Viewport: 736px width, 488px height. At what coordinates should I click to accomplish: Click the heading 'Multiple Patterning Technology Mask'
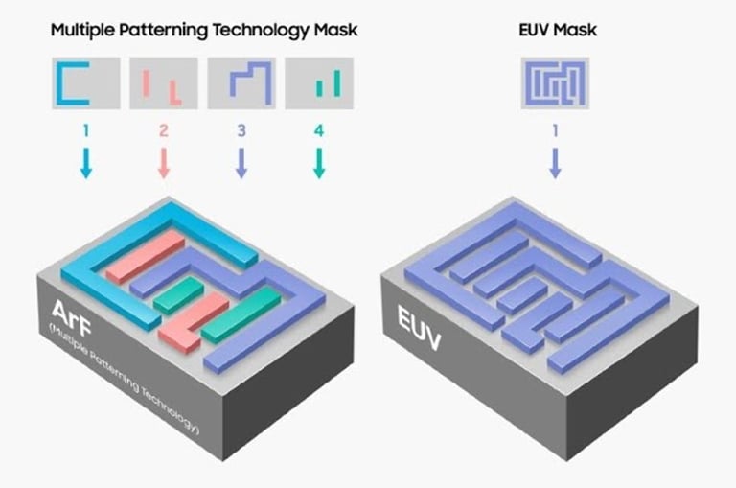(x=204, y=30)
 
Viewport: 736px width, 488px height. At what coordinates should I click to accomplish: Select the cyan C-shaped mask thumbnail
(x=85, y=82)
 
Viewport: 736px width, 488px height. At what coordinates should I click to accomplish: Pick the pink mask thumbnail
(x=163, y=82)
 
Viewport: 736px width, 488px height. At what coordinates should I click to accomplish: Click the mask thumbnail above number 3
(x=241, y=82)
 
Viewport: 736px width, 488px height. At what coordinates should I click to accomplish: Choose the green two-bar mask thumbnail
(x=319, y=82)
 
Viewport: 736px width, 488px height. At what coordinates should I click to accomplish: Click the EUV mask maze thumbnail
(x=555, y=82)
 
